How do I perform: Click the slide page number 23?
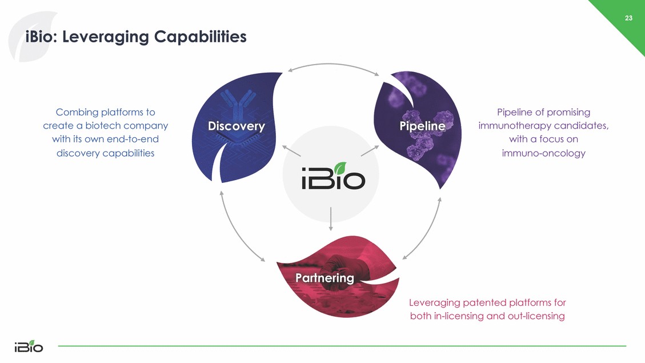pos(628,18)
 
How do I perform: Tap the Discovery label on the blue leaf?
pos(236,126)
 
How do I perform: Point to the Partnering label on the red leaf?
pos(324,278)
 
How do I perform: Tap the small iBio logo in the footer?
pos(28,346)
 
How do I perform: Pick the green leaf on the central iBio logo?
pos(340,168)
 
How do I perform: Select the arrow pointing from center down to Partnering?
pos(331,220)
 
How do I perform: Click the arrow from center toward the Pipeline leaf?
pos(370,150)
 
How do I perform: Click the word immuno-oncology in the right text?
pos(543,153)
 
